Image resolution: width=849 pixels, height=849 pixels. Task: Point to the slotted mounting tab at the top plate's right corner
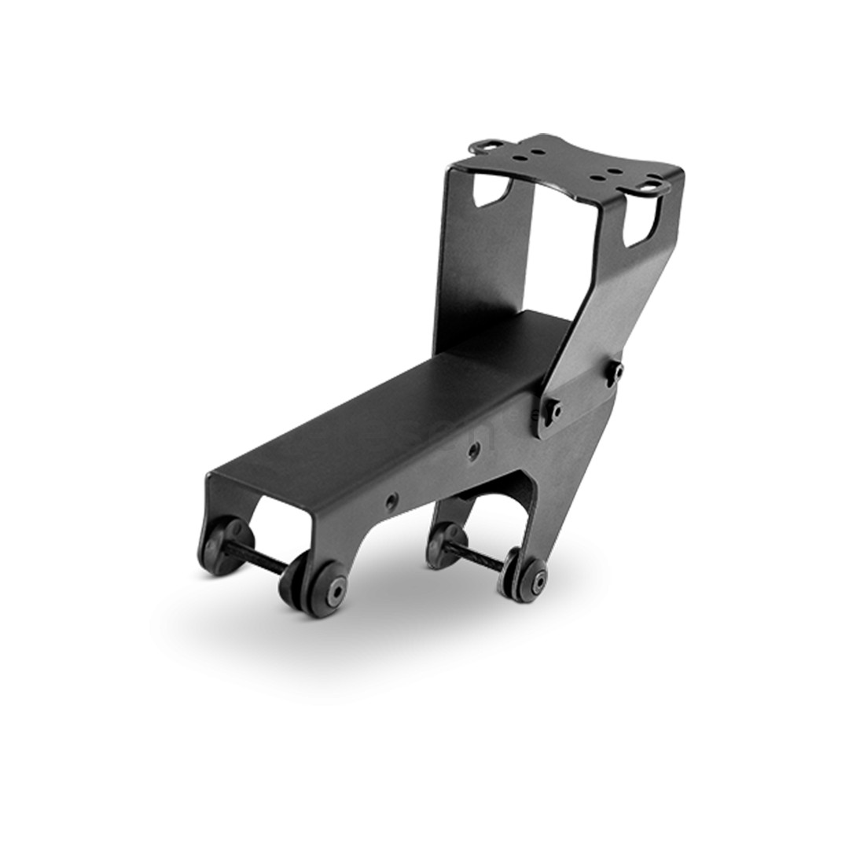654,186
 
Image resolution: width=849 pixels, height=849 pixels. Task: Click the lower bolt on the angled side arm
557,410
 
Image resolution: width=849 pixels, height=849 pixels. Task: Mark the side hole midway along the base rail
472,449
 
